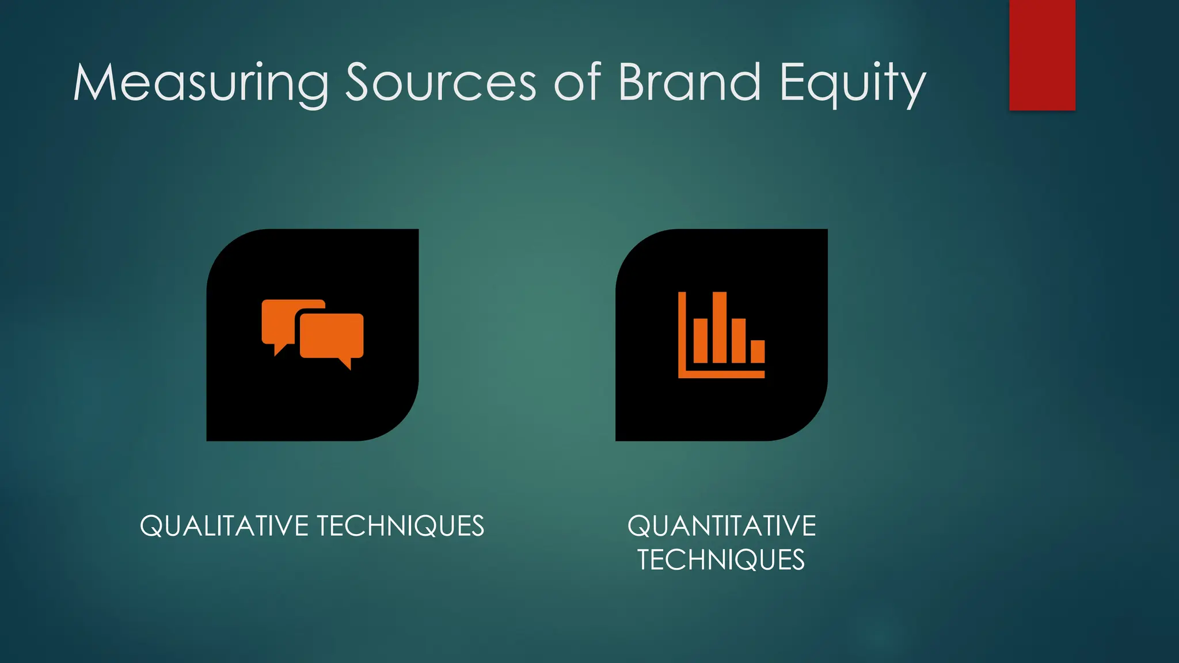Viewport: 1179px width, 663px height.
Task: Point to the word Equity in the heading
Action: tap(852, 83)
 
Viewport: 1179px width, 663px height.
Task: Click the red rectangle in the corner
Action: tap(1042, 55)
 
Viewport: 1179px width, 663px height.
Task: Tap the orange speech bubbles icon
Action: tap(313, 334)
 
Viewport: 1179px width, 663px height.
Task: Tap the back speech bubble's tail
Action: tap(280, 349)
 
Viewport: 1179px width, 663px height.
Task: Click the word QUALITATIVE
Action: tap(224, 526)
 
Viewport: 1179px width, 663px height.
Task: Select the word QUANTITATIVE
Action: tap(721, 526)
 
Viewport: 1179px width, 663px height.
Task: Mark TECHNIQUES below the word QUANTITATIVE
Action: tap(721, 560)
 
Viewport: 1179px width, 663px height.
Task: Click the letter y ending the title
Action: tap(914, 87)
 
